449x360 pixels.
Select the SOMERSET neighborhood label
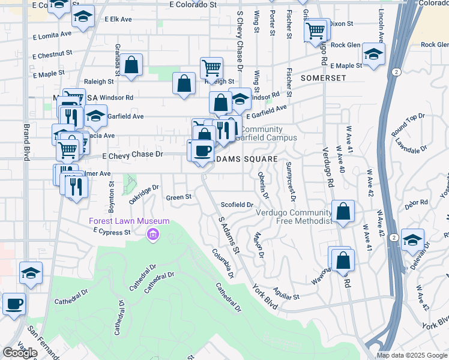coord(324,78)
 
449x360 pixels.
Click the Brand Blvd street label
coord(26,142)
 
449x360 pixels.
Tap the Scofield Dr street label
coord(237,205)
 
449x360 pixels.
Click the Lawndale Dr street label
coord(411,145)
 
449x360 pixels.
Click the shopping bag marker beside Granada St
coord(131,65)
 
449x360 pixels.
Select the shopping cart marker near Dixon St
coord(315,29)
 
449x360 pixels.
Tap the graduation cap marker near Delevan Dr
coord(412,240)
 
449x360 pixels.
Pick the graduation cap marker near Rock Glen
coord(373,55)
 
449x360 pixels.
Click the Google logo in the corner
coord(20,353)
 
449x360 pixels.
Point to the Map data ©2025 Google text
coord(412,355)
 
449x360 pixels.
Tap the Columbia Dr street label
coord(223,265)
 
